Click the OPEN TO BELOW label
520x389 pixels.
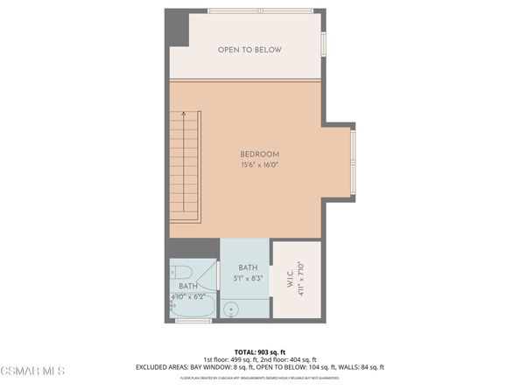249,50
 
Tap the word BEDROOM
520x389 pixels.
259,155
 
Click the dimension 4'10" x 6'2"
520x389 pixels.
189,296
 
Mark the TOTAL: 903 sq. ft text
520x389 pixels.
259,350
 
